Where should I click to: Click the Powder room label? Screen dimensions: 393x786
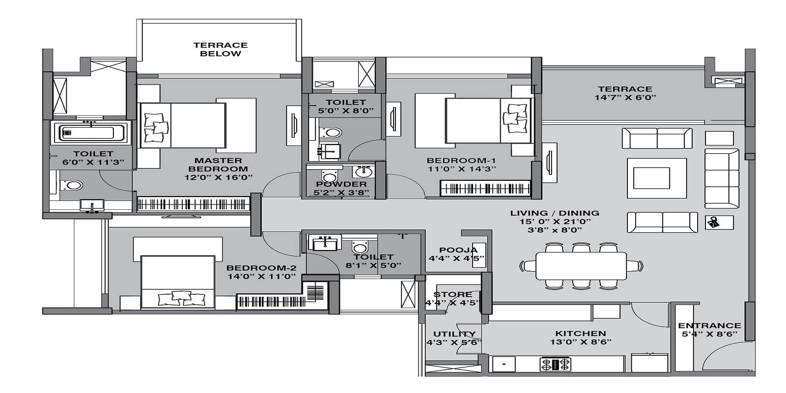coord(341,184)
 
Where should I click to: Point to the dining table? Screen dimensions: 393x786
coord(581,266)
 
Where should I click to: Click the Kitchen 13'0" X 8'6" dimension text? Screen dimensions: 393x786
coord(581,342)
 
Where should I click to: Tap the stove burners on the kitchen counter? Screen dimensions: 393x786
coord(556,364)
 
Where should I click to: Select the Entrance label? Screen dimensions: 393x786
coord(709,325)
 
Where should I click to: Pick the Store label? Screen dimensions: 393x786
coord(452,294)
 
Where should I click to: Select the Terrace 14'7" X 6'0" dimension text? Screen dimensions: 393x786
coord(625,98)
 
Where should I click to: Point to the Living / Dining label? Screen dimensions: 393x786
coord(554,213)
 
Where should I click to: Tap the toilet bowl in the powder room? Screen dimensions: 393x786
coord(328,176)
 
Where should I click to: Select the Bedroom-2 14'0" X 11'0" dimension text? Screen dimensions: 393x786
coord(261,277)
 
